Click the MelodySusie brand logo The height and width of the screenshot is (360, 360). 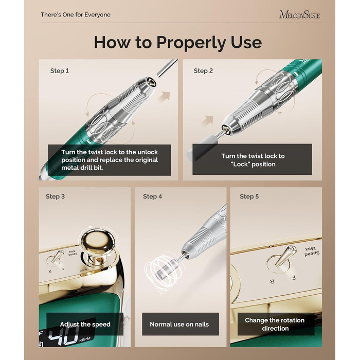299,15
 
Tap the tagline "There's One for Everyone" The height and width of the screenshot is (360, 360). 76,15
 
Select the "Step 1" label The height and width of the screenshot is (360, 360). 60,71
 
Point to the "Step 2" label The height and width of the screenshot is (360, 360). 203,71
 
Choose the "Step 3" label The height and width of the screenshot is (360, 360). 55,196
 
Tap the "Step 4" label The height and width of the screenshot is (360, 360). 152,196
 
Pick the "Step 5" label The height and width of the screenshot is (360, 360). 249,196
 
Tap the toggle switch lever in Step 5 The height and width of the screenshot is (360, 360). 286,255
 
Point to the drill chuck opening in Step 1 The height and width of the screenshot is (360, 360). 152,82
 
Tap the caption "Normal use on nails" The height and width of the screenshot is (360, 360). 179,324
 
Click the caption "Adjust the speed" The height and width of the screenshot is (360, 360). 85,324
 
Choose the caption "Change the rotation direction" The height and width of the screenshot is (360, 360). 275,324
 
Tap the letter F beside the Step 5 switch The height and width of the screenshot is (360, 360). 294,278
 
